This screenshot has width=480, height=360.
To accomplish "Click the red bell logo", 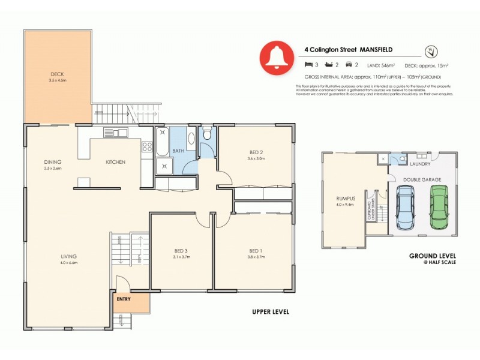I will tap(276, 58).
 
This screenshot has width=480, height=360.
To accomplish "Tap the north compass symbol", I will tap(430, 51).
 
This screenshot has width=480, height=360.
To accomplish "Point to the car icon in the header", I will tap(347, 64).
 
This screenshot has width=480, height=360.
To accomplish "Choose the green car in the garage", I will tap(439, 206).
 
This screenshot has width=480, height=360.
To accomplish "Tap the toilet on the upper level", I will tap(206, 134).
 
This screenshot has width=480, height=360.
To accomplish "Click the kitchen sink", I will tap(115, 133).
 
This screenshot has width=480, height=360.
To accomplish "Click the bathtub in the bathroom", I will tap(162, 142).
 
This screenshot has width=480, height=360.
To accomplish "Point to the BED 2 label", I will tap(256, 152).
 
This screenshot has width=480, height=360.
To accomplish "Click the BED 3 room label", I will tap(181, 250).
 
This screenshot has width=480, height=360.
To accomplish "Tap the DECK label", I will tap(57, 74).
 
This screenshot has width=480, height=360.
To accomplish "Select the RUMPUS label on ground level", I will tap(346, 198).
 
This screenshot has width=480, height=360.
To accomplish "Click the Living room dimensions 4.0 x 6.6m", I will tap(68, 263).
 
